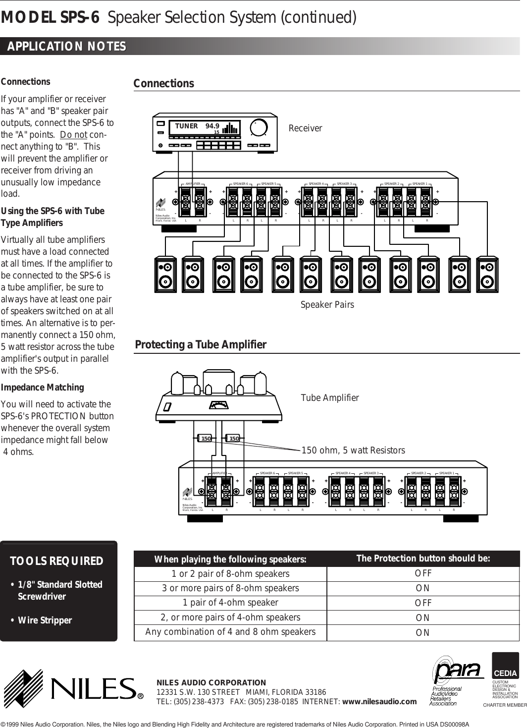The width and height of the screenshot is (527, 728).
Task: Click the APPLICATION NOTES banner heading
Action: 66,47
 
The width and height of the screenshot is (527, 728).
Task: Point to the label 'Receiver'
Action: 305,128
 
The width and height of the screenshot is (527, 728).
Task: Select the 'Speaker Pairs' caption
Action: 327,304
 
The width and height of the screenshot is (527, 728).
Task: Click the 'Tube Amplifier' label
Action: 330,397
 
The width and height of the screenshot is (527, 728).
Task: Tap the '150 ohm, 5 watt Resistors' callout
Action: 353,450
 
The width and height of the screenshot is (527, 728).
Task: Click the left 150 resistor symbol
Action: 205,438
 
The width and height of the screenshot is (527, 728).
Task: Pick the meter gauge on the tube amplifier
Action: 218,405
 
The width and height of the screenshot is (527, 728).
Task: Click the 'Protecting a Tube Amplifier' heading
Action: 201,344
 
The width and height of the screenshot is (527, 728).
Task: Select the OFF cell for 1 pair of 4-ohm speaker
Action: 423,603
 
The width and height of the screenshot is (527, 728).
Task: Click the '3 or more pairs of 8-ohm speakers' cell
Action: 230,588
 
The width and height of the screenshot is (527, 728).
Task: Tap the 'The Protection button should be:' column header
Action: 423,559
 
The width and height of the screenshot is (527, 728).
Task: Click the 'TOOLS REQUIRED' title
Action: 57,561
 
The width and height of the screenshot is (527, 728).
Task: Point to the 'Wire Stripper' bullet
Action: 45,620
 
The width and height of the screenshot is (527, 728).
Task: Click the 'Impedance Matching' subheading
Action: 43,387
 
